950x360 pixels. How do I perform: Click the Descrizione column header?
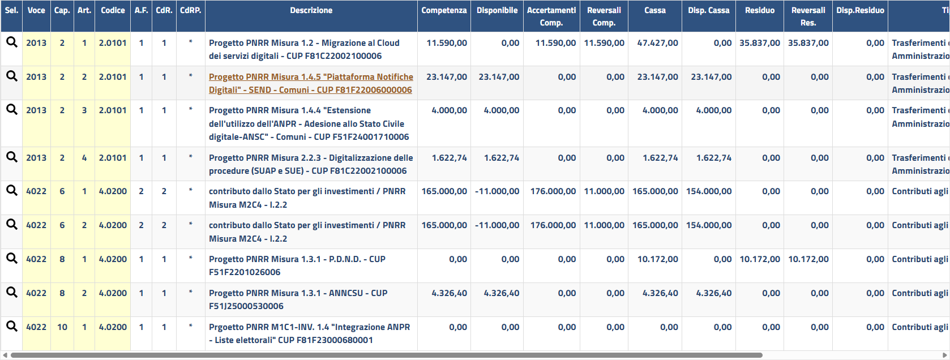pyautogui.click(x=311, y=11)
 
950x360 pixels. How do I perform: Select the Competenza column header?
pyautogui.click(x=444, y=11)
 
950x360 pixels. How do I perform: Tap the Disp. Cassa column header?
pyautogui.click(x=708, y=11)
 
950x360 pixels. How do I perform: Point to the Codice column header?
pyautogui.click(x=113, y=11)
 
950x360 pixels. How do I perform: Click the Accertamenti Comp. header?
pyautogui.click(x=551, y=16)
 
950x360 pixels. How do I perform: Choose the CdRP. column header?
pyautogui.click(x=190, y=11)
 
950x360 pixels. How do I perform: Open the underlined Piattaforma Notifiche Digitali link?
pyautogui.click(x=310, y=83)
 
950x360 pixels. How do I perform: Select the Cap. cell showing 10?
pyautogui.click(x=62, y=327)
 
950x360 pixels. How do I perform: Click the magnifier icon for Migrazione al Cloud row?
pyautogui.click(x=11, y=42)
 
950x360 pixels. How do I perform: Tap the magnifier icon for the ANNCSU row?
pyautogui.click(x=11, y=293)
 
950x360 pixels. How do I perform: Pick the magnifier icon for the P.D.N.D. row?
pyautogui.click(x=11, y=259)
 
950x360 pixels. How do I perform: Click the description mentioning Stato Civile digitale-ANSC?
pyautogui.click(x=309, y=124)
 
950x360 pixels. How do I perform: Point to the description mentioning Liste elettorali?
pyautogui.click(x=309, y=333)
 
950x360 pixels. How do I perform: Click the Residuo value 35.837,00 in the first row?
pyautogui.click(x=759, y=43)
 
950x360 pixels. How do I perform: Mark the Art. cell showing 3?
pyautogui.click(x=84, y=110)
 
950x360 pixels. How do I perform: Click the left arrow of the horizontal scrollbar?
pyautogui.click(x=5, y=355)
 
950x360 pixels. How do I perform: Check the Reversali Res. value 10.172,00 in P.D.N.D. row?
pyautogui.click(x=808, y=259)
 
